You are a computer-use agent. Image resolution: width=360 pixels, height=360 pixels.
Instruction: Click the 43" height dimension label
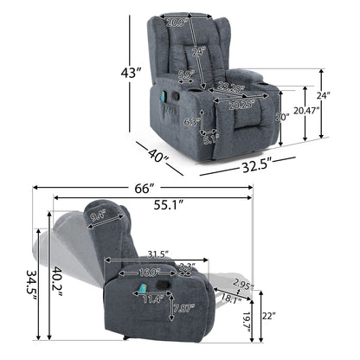[131, 74]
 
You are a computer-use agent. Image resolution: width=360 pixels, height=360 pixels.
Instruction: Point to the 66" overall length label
[143, 189]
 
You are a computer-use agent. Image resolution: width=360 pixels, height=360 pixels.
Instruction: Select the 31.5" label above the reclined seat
[157, 254]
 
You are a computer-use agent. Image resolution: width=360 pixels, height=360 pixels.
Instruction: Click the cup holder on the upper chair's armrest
[266, 79]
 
